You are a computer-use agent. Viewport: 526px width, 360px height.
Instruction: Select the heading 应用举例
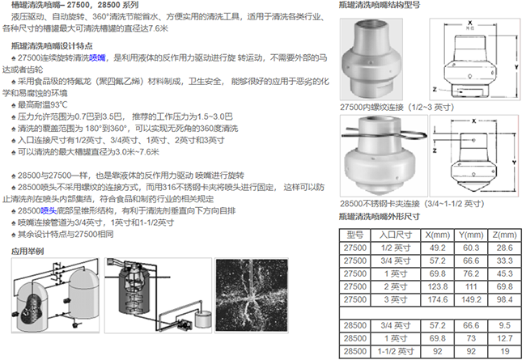click(x=27, y=251)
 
